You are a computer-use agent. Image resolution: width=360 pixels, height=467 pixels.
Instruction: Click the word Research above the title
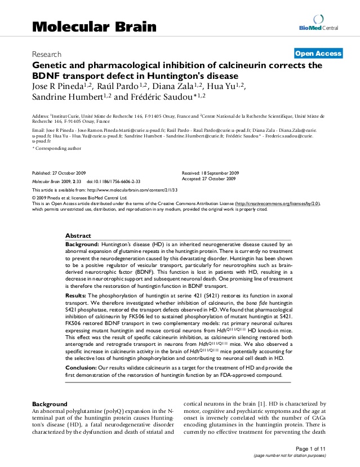tap(47, 55)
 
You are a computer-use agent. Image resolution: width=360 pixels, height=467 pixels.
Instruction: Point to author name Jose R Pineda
tap(55, 86)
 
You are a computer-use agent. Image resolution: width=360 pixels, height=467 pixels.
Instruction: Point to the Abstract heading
tap(78, 235)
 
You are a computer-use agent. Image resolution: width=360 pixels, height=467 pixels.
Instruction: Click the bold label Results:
tap(76, 295)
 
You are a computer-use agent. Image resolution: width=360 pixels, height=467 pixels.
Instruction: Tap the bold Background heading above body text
tap(50, 404)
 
